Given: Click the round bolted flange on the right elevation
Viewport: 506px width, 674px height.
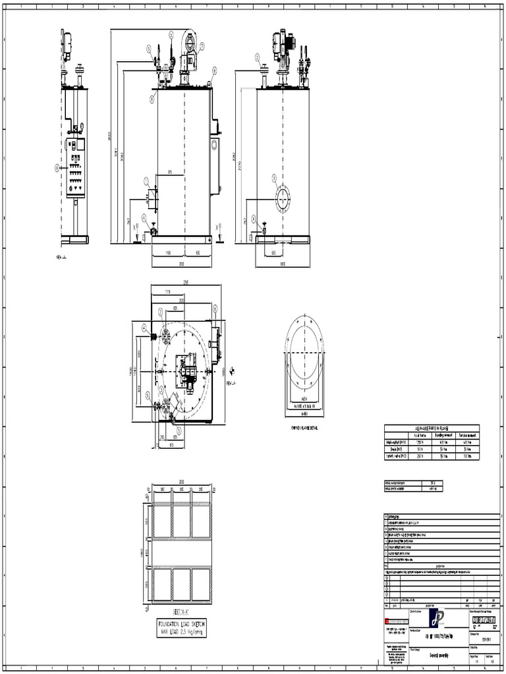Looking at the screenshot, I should [x=282, y=197].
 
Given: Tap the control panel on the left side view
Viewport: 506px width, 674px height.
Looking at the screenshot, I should [x=76, y=168].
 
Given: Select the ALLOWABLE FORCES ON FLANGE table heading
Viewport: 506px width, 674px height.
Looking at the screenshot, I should [x=432, y=428].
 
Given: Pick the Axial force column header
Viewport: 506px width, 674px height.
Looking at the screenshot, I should [x=421, y=434].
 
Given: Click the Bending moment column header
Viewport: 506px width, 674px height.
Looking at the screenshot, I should [x=446, y=434].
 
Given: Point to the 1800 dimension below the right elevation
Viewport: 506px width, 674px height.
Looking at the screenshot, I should [x=282, y=263].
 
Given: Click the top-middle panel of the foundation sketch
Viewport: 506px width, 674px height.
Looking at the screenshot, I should [x=181, y=521].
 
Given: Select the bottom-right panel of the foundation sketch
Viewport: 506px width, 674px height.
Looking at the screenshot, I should [x=201, y=584].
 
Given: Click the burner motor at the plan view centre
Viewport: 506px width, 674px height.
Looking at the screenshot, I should [x=188, y=373].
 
